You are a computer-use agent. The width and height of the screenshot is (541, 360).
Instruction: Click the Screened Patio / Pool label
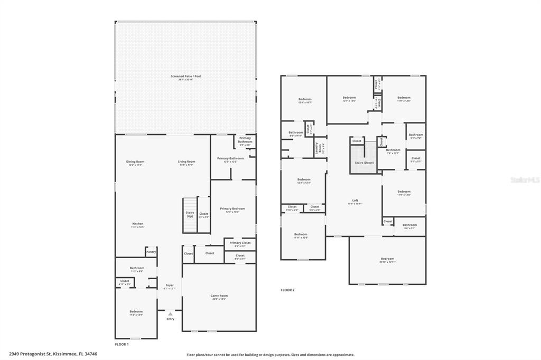tap(185, 77)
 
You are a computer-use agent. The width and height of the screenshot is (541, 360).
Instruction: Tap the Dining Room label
tap(135, 162)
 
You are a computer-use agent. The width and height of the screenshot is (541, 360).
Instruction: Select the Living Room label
tap(186, 162)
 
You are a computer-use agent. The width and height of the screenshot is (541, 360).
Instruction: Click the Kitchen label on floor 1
tap(137, 224)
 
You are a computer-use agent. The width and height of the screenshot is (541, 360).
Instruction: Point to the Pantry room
tap(151, 252)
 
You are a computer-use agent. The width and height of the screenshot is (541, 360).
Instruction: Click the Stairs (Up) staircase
tap(190, 214)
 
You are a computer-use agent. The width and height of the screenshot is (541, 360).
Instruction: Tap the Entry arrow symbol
tap(170, 314)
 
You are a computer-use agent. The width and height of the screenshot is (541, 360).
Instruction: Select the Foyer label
tap(170, 286)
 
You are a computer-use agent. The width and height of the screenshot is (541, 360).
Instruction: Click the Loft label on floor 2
tap(356, 201)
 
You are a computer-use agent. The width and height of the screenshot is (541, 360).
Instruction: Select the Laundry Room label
tap(319, 148)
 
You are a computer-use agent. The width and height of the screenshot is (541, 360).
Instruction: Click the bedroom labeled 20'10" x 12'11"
tap(387, 259)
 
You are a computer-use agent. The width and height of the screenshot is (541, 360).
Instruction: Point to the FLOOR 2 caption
tap(287, 290)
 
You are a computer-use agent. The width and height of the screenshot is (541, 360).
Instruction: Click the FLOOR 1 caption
tap(122, 344)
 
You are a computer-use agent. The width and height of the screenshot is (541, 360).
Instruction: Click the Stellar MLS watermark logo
tap(523, 179)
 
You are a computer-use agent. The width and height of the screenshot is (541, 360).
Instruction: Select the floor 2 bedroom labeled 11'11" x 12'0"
tap(301, 235)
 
